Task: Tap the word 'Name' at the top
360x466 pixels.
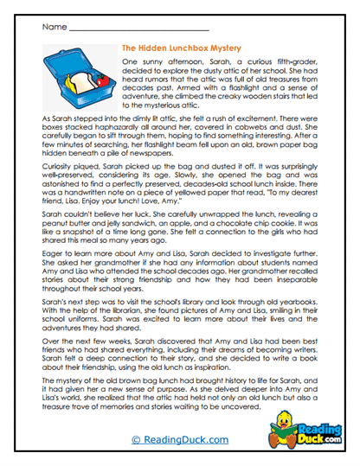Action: [x=53, y=28]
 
